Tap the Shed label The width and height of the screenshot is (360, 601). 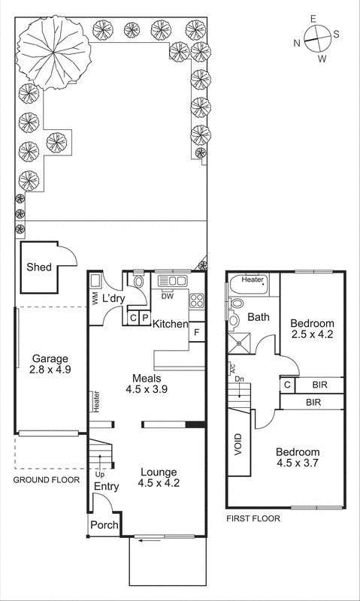pos(39,267)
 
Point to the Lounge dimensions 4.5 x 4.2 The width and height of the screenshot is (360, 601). pos(159,484)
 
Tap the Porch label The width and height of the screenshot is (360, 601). pos(104,525)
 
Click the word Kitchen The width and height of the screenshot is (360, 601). pos(170,324)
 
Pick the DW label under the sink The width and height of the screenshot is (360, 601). pos(168,296)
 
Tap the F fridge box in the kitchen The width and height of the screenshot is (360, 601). pos(196,332)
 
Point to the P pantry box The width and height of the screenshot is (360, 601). pos(145,318)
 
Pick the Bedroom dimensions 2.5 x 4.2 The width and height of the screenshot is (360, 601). pos(312,336)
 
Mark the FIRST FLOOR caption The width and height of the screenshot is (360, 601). pos(253,518)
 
